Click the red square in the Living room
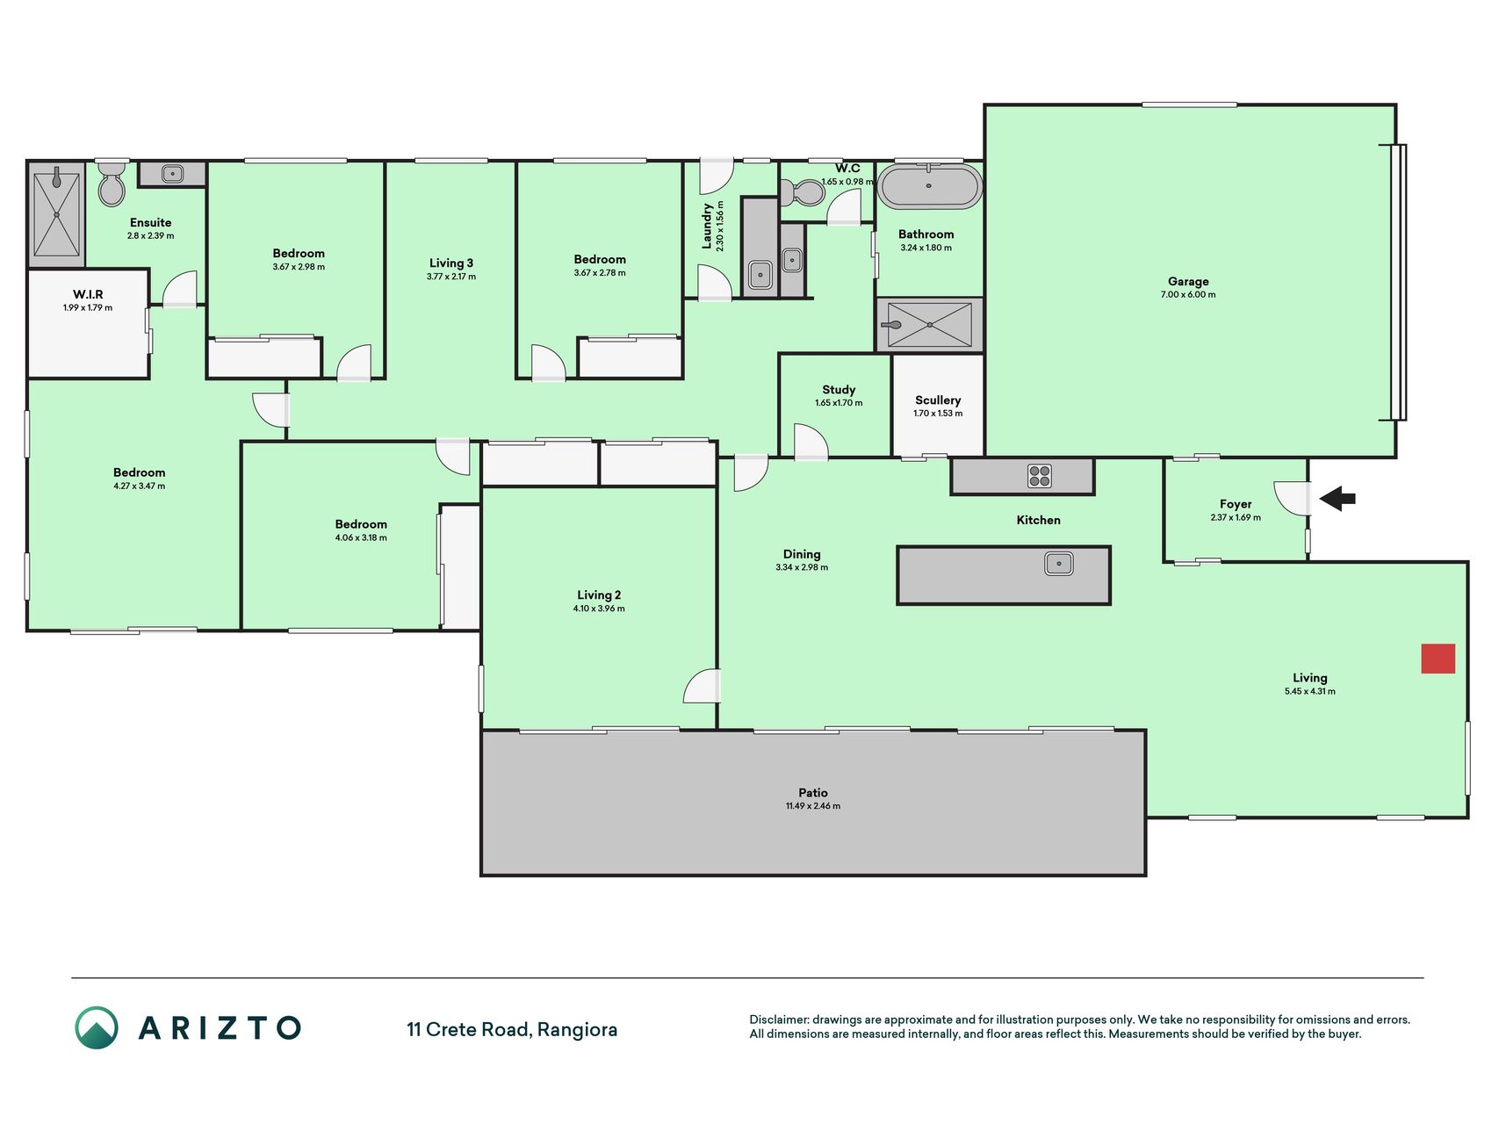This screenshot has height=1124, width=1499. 1438,659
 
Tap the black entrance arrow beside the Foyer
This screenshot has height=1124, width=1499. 1337,499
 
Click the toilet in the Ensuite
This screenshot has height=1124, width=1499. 112,183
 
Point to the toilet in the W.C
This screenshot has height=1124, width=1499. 800,191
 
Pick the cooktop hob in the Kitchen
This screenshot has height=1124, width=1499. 1040,476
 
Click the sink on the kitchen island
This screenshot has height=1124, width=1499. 1059,563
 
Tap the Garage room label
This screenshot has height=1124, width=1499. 1188,282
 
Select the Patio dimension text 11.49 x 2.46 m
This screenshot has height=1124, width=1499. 813,806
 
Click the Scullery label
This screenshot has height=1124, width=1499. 938,400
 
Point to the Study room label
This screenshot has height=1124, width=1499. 839,389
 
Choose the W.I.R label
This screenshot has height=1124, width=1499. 88,294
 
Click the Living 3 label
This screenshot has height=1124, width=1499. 451,263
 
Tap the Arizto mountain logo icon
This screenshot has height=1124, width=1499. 96,1027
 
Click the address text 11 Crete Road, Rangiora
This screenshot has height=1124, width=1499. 512,1029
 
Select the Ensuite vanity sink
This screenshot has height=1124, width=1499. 173,174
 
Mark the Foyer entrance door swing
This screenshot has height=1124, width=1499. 1292,498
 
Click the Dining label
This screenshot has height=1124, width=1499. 802,554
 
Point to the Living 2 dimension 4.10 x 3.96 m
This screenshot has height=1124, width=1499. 600,609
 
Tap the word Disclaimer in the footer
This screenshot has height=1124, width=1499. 779,1020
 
